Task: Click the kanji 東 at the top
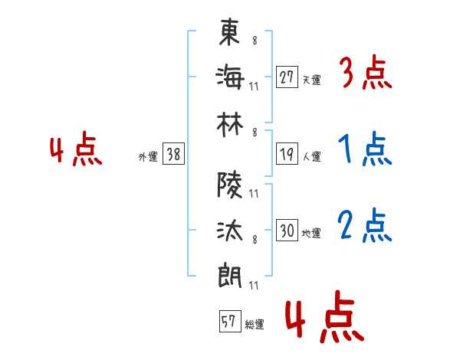coord(229,31)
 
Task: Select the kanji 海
coord(230,77)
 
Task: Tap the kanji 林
coord(230,125)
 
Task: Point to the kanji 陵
coord(229,185)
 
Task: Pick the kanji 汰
coord(230,231)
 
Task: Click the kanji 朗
coord(229,276)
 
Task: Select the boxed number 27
coord(287,77)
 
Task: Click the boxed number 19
coord(287,154)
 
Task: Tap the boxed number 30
coord(287,230)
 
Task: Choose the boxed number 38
coord(173,154)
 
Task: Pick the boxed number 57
coord(230,321)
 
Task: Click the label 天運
coord(312,80)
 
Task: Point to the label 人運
coord(312,156)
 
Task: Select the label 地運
coord(311,233)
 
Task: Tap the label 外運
coord(148,157)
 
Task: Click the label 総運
coord(255,324)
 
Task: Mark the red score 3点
coord(366,72)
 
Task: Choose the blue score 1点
coord(365,149)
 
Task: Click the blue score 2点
coord(365,225)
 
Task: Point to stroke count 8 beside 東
coord(255,40)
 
